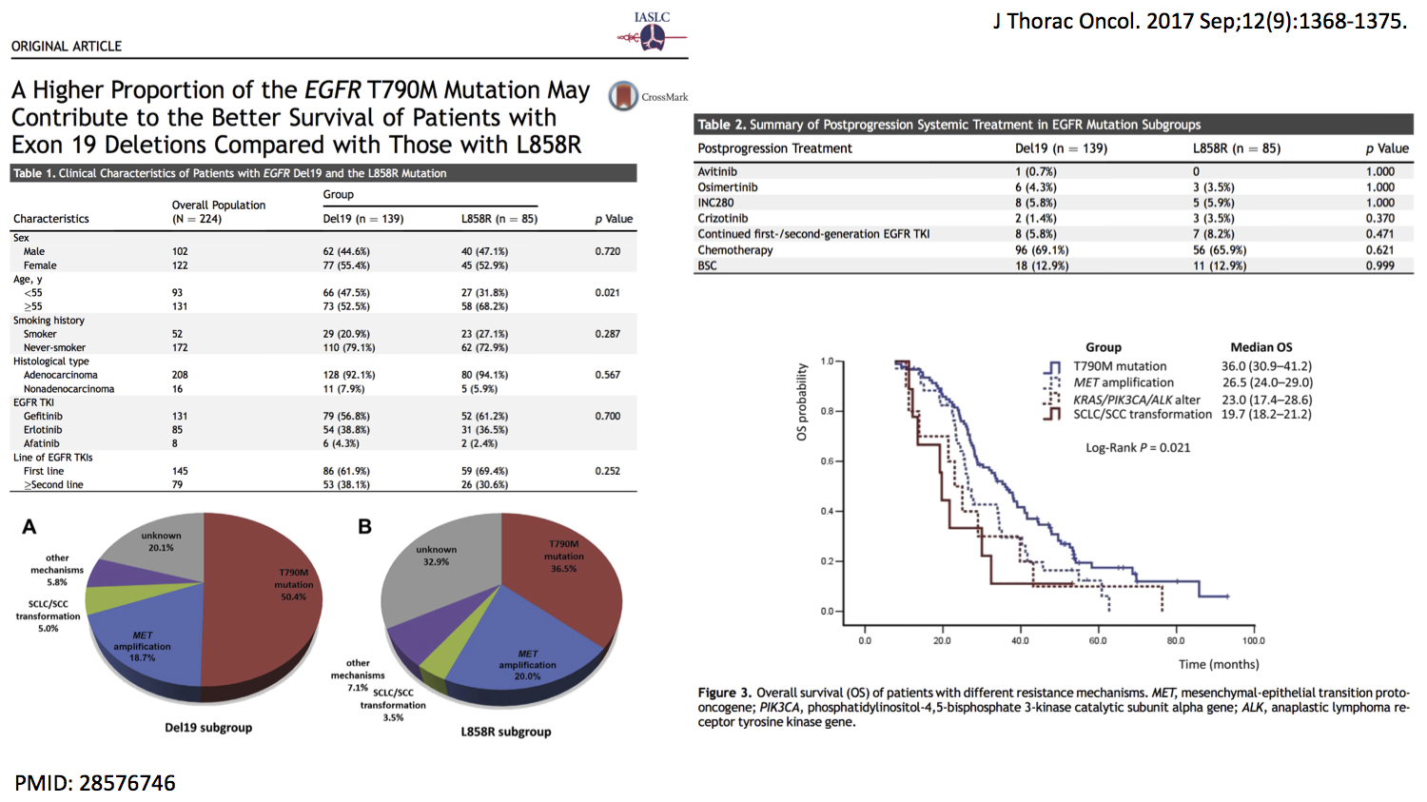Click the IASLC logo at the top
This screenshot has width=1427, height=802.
(652, 31)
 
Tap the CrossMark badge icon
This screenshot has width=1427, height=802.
(624, 96)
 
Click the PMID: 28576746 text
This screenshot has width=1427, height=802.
(95, 783)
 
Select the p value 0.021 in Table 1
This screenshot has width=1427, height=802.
(607, 293)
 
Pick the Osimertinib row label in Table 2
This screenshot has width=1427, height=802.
(728, 187)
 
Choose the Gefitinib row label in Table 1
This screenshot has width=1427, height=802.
(43, 417)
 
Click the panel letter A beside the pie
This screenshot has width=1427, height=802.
(29, 527)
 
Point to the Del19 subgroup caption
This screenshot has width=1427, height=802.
(208, 728)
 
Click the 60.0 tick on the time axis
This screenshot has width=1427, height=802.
(1098, 641)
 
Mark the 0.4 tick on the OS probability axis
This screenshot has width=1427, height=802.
(827, 512)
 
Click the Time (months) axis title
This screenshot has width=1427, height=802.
(1218, 664)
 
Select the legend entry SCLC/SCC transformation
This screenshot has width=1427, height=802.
(1142, 415)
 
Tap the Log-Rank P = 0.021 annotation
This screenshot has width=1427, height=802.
(1138, 448)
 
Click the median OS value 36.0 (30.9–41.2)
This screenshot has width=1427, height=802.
(1266, 366)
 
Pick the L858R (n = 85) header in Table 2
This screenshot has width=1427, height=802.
(1237, 148)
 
